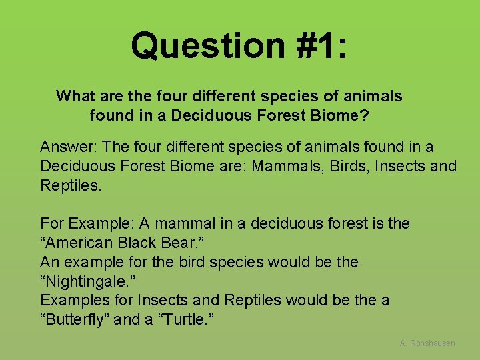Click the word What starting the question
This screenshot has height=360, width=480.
[x=76, y=96]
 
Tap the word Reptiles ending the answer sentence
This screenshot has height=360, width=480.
[x=71, y=185]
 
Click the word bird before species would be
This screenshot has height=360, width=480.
[x=192, y=262]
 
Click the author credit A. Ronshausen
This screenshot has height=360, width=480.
[x=427, y=343]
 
